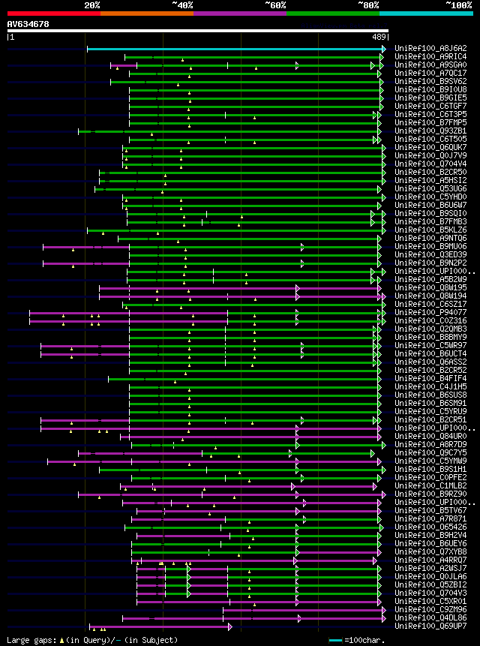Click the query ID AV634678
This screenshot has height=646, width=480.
[28, 24]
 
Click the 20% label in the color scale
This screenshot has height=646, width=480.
[92, 5]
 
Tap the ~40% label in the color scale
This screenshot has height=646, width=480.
[182, 5]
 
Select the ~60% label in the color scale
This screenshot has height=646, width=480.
[275, 5]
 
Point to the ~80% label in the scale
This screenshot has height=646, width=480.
[368, 5]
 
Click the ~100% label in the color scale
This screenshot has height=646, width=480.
[458, 5]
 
